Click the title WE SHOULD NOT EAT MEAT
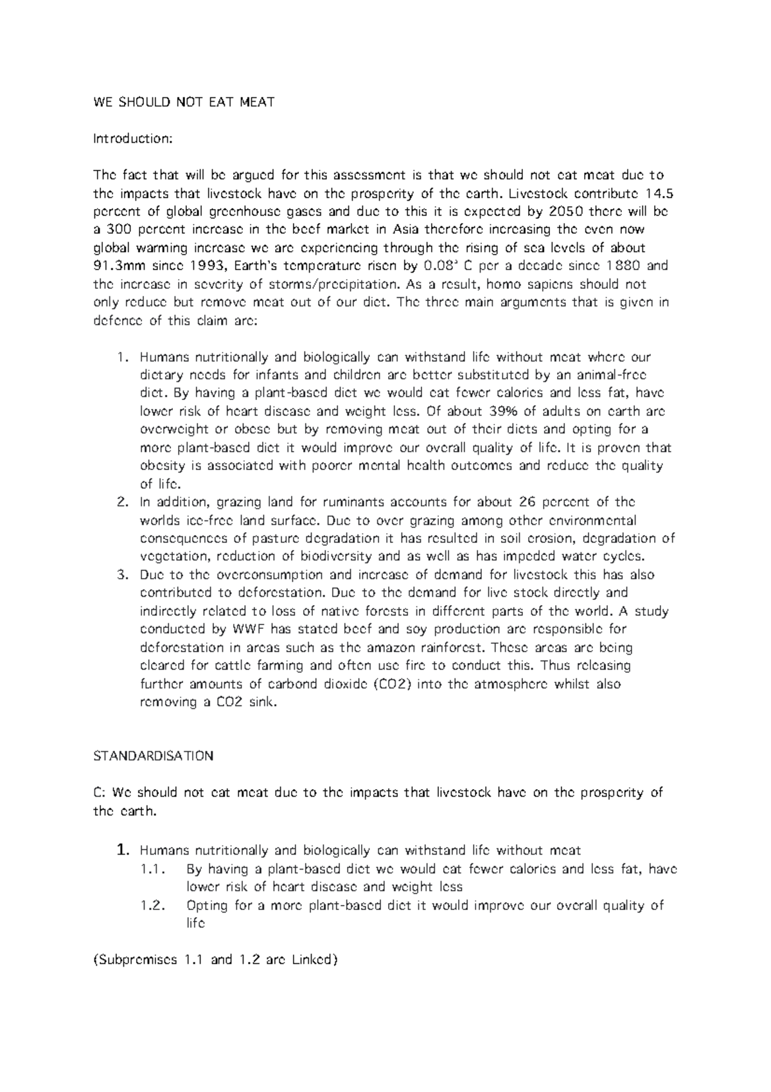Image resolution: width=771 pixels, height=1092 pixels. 184,102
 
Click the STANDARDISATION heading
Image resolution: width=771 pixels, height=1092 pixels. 153,756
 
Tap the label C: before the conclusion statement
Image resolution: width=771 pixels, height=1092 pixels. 100,792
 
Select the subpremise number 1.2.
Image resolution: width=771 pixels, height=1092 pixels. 153,905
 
